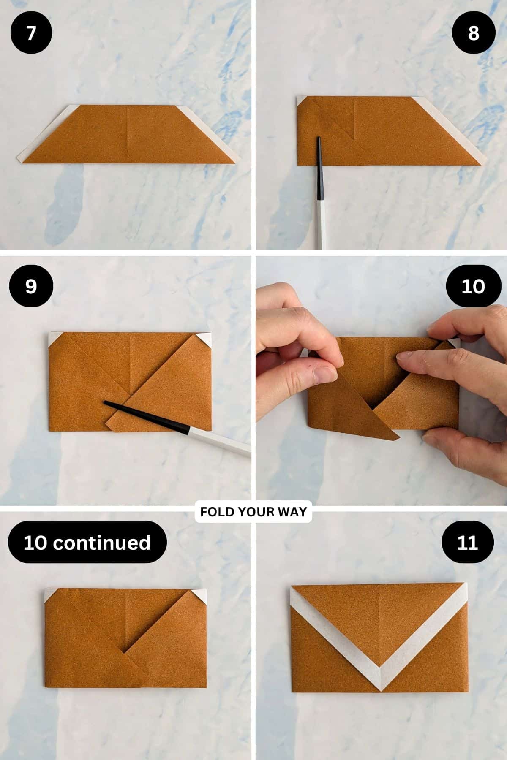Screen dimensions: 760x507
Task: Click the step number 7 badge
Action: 31,33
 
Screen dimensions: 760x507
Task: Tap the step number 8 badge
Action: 473,33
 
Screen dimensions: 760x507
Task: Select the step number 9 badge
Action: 31,286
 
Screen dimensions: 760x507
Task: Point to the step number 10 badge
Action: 473,286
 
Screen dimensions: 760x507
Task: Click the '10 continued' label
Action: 87,542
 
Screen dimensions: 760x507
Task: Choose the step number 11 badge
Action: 467,542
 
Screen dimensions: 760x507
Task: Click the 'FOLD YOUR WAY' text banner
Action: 253,512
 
